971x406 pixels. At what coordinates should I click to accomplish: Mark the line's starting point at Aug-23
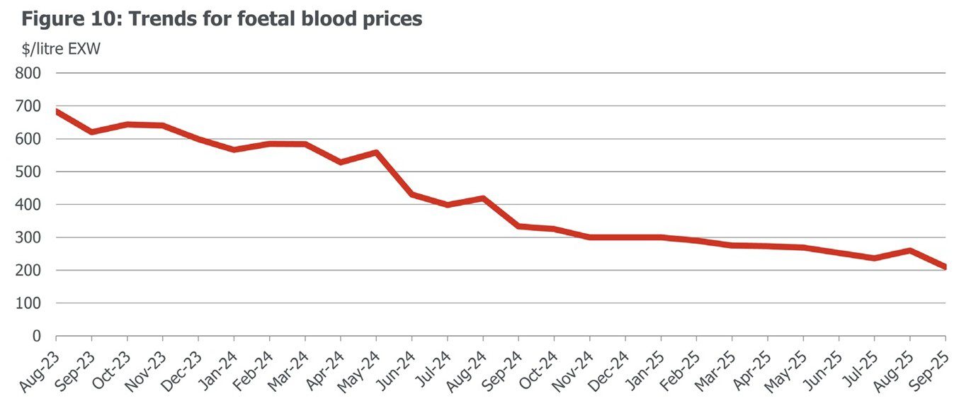pyautogui.click(x=57, y=111)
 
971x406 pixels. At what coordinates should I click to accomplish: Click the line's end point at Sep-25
pyautogui.click(x=945, y=267)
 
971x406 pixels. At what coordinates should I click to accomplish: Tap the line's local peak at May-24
pyautogui.click(x=376, y=152)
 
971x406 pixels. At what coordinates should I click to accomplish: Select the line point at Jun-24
pyautogui.click(x=412, y=194)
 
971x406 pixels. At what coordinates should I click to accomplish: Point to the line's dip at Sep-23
pyautogui.click(x=91, y=132)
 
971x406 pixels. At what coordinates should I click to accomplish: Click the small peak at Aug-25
pyautogui.click(x=909, y=250)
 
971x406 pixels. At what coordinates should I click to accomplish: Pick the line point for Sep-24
pyautogui.click(x=518, y=226)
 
